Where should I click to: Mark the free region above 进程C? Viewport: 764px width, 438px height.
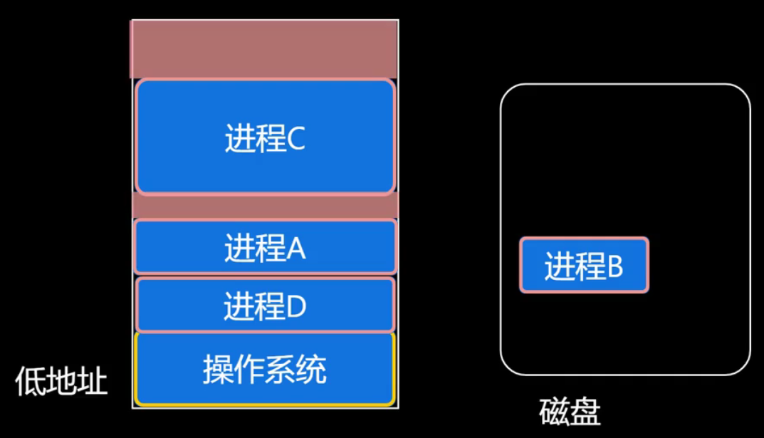point(264,48)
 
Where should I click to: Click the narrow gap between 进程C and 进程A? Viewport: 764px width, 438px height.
point(264,207)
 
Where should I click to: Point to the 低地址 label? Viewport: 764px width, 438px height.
point(61,382)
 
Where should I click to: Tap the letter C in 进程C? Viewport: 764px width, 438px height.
point(295,139)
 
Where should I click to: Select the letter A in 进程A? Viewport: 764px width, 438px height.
point(295,249)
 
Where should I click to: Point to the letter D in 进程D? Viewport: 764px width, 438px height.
point(295,307)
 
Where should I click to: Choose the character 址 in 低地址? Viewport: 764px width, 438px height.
point(93,382)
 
